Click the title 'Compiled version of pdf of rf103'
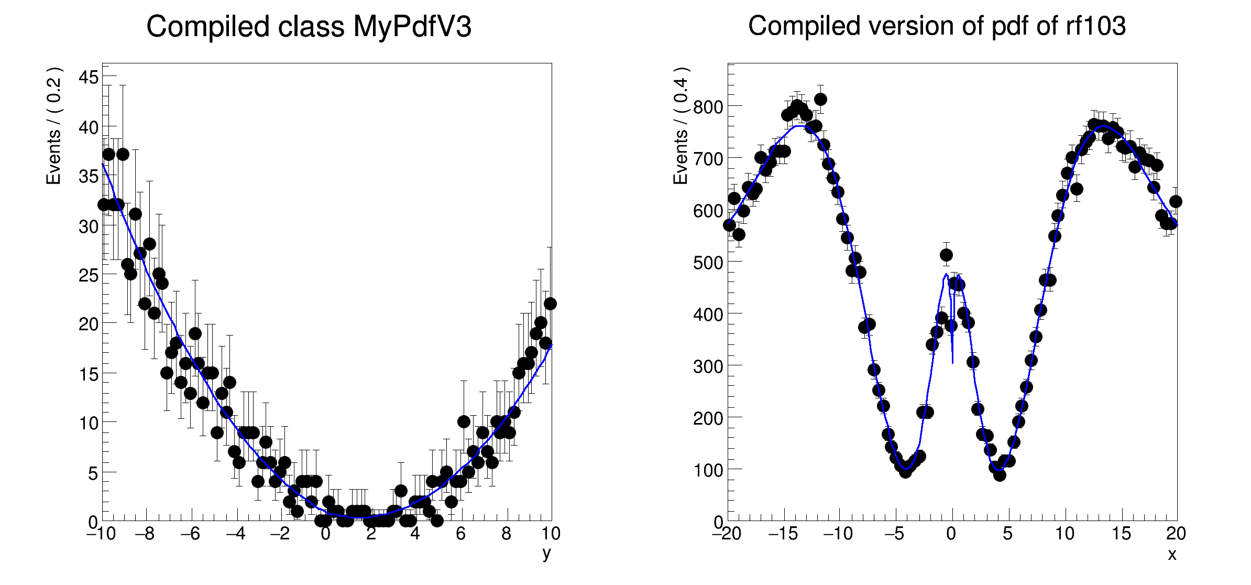937,26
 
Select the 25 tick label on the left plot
89,275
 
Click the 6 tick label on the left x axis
460,534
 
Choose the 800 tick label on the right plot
708,107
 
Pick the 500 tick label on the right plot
708,263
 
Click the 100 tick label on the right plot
708,470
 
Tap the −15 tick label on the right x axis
783,534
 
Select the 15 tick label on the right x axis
1121,534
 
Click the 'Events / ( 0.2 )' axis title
53,126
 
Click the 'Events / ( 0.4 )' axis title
680,126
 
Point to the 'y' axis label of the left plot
546,553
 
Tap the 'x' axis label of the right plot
1172,554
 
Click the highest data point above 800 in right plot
820,99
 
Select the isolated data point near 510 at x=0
946,255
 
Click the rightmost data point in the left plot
550,304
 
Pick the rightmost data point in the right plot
1176,201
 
